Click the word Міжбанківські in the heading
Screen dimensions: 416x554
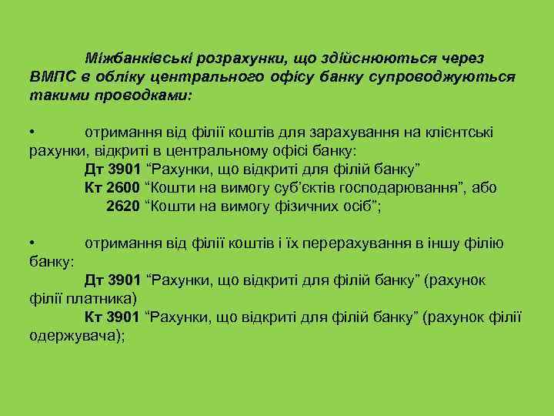point(139,58)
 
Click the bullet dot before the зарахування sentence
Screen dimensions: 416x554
point(32,132)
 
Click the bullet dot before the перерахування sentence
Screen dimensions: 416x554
point(32,243)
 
